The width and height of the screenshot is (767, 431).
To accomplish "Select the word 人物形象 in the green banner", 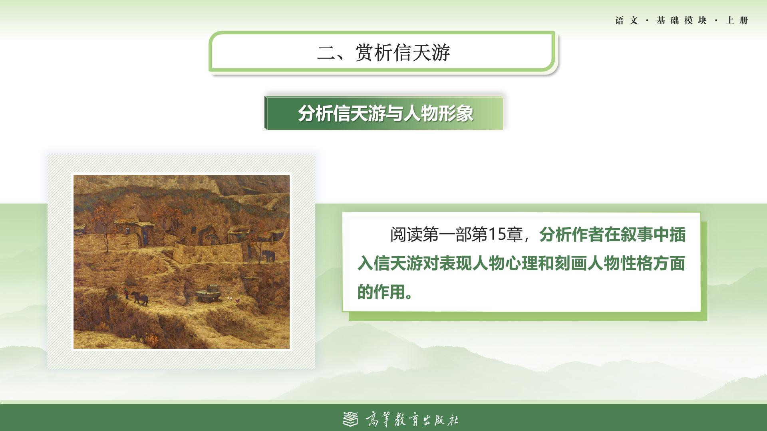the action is [x=438, y=114].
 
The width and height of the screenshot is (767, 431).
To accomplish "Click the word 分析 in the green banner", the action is [x=315, y=114].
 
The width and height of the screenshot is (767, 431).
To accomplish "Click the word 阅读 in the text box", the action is [x=406, y=235].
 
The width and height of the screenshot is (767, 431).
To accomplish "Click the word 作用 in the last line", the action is [x=390, y=292].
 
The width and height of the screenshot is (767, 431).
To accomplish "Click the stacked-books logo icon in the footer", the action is [x=351, y=419].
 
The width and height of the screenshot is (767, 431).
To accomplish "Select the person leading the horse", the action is [x=126, y=293].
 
